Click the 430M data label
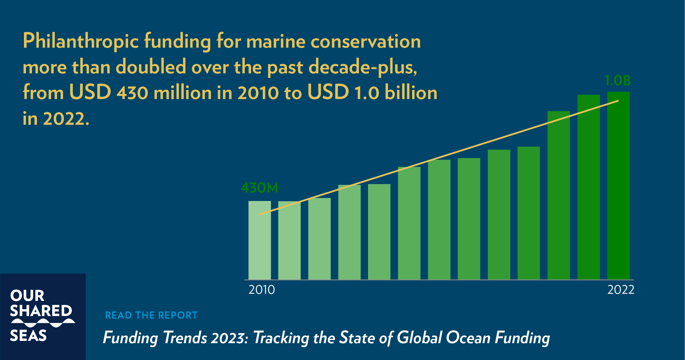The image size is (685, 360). pos(259,188)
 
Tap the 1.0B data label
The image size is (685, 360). pos(617,81)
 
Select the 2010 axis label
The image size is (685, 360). pos(262,290)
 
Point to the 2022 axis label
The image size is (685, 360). pos(621,290)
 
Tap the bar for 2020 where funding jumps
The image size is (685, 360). pos(559,200)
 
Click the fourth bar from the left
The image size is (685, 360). pos(349,234)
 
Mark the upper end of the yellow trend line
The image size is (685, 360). pos(618,101)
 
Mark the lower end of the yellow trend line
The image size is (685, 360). pos(260,214)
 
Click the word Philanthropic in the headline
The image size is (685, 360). pos(80,42)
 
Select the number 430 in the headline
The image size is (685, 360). pos(132,93)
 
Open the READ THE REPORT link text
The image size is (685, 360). pos(151,315)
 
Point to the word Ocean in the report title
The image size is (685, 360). pos(468,338)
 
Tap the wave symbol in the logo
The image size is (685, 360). pos(43,323)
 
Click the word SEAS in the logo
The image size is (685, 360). pos(28,336)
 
